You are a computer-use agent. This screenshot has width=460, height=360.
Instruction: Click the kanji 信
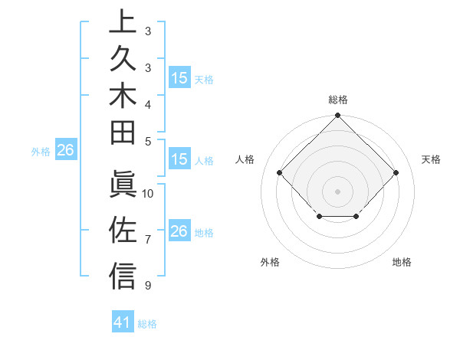(x=123, y=275)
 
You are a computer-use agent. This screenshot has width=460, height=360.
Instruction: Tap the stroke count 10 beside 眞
(x=148, y=193)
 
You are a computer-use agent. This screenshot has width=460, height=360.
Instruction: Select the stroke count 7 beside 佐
(x=148, y=240)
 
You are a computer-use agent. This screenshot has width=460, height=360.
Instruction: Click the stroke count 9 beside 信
(x=148, y=286)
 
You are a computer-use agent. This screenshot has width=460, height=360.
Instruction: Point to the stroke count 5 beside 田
(x=148, y=140)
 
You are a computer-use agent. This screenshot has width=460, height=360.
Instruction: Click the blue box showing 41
(x=123, y=323)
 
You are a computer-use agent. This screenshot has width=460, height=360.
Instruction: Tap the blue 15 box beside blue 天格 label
(x=179, y=78)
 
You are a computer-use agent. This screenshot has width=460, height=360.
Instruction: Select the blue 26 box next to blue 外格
(x=66, y=151)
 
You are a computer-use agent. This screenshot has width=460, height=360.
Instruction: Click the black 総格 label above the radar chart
(x=337, y=100)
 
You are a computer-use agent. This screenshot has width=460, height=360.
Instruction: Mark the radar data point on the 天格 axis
(x=396, y=172)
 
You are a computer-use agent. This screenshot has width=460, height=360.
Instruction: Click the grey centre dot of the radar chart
(x=337, y=191)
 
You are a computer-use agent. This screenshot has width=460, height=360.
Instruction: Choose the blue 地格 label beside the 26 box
(x=204, y=233)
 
